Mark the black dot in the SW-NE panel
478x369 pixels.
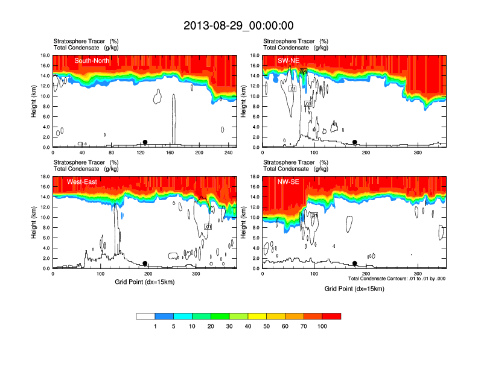point(355,142)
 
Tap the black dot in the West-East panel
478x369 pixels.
point(145,263)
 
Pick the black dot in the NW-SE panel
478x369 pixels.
point(355,263)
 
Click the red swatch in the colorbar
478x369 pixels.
point(331,316)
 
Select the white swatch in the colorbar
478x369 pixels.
point(145,316)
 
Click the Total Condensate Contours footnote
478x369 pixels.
point(397,279)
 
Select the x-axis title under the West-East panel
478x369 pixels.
point(144,282)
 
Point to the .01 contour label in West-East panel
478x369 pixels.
point(208,227)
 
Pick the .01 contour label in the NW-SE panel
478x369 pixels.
point(314,215)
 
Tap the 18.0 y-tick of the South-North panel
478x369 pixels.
point(44,55)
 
